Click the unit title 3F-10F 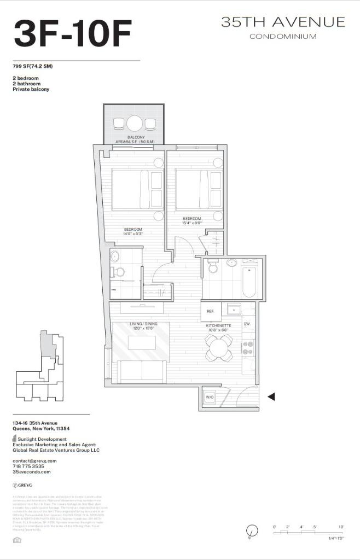(x=73, y=33)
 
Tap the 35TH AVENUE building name (x=283, y=22)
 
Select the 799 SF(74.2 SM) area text (x=33, y=66)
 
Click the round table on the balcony (x=134, y=122)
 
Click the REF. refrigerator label (x=210, y=311)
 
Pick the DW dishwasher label (x=247, y=324)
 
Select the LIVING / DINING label (x=143, y=324)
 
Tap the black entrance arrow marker (x=270, y=396)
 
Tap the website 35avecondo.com (x=31, y=471)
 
